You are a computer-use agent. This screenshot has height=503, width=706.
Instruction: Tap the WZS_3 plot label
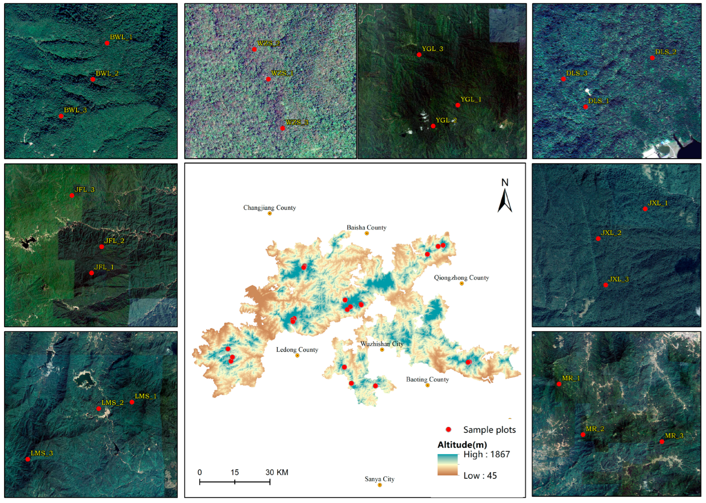297,122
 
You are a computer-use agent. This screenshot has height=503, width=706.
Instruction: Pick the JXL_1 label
658,203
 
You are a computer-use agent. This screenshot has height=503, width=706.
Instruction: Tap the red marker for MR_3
662,442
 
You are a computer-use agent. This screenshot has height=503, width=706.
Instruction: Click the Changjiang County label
269,207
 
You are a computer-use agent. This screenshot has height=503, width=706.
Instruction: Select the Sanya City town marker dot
380,485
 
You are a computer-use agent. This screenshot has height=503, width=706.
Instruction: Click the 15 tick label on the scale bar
234,472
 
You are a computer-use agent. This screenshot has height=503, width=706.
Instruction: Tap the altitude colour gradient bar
447,465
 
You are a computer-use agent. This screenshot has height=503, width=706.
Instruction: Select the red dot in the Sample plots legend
448,429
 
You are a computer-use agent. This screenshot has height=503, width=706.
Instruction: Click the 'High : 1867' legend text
486,454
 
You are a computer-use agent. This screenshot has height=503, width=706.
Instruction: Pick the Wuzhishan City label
382,344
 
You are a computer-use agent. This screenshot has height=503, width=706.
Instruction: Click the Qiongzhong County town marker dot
462,283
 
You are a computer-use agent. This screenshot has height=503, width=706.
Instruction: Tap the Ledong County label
297,350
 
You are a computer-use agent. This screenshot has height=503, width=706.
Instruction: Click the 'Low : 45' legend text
480,476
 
